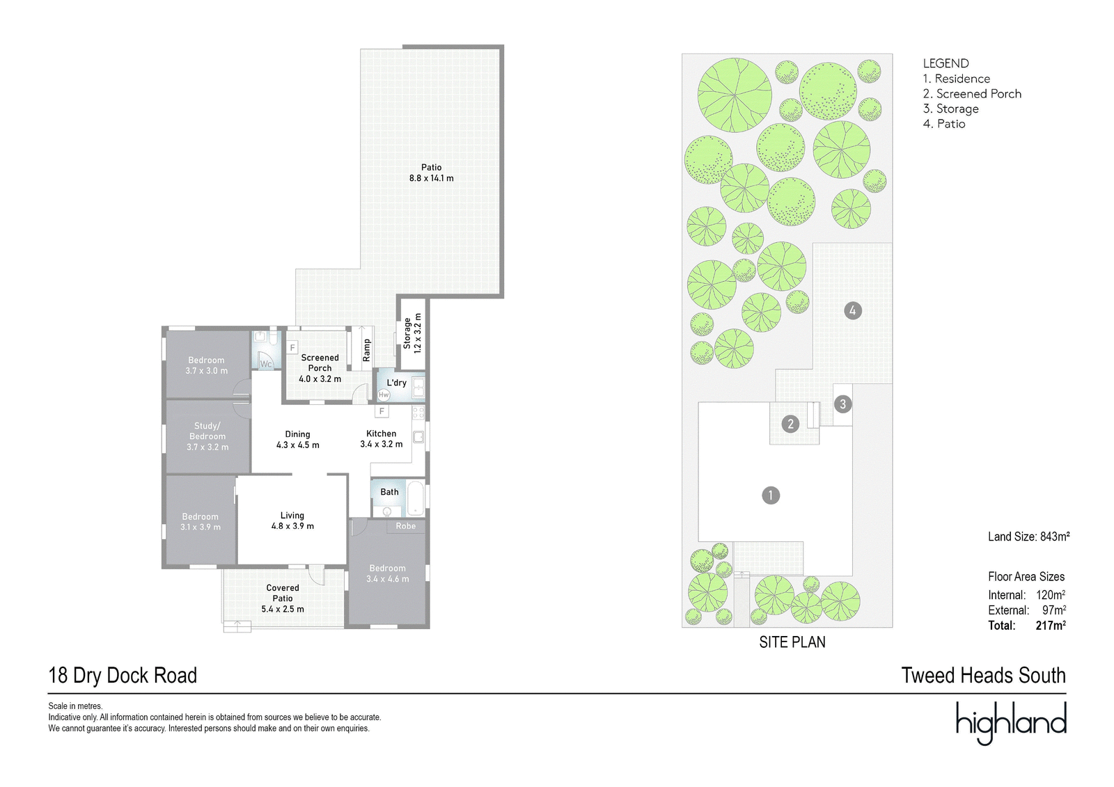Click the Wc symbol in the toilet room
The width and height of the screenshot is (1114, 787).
coord(266,364)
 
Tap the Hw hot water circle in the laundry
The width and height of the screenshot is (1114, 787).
coord(384,395)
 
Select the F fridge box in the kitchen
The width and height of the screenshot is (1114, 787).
coord(382,411)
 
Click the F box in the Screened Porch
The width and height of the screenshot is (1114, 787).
coord(292,347)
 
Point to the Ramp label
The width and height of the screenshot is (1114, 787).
coord(366,350)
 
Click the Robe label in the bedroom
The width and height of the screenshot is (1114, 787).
coord(406,526)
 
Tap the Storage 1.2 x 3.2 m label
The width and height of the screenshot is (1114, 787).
coord(412,333)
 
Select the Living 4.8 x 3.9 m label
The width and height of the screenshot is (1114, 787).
coord(292,520)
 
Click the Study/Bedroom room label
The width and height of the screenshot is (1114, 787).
coord(207,436)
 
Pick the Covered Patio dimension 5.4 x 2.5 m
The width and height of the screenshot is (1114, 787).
coord(283,609)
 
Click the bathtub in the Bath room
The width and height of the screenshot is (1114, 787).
coord(415,498)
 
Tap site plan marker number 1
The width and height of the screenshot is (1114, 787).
coord(771,495)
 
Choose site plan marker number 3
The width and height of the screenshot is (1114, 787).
coord(842,404)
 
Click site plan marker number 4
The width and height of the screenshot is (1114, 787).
coord(853,311)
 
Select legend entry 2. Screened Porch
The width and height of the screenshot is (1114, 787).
coord(972,93)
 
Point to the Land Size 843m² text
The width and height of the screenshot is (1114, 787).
coord(1029,536)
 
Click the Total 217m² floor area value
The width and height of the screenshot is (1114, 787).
coord(1051,625)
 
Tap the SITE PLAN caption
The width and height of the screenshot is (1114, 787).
coord(792,642)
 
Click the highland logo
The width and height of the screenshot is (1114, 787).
coord(1011,724)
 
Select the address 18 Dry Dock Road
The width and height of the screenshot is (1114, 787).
coord(123,675)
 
